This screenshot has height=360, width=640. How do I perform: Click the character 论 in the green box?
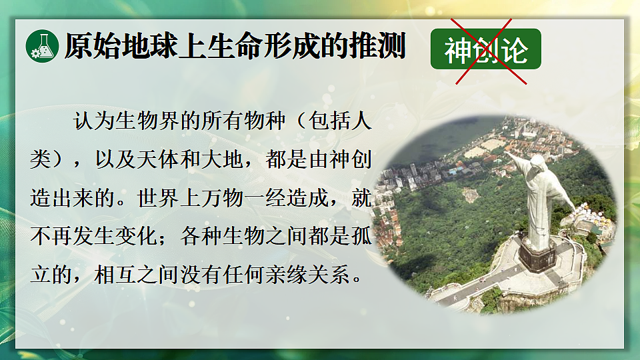point(515,50)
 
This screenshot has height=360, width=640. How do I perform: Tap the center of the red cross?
point(491,51)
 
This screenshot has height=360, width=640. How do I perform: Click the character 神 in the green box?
point(459,50)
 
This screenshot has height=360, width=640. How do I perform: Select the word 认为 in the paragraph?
point(93,123)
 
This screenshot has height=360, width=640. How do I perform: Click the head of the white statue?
point(537,163)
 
